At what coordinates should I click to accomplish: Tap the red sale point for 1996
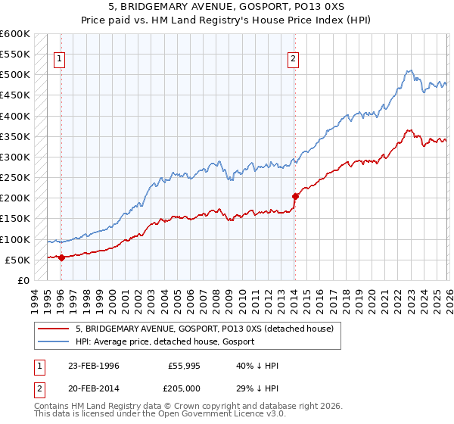[61, 257]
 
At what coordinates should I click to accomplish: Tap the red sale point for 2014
[295, 196]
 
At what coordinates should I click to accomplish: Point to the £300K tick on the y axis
[15, 157]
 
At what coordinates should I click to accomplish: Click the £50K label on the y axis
[17, 260]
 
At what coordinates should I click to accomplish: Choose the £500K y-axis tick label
[15, 75]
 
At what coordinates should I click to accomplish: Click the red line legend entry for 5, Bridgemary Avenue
[209, 329]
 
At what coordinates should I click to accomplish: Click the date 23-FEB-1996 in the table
[93, 366]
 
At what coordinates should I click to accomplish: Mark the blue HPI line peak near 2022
[409, 70]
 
